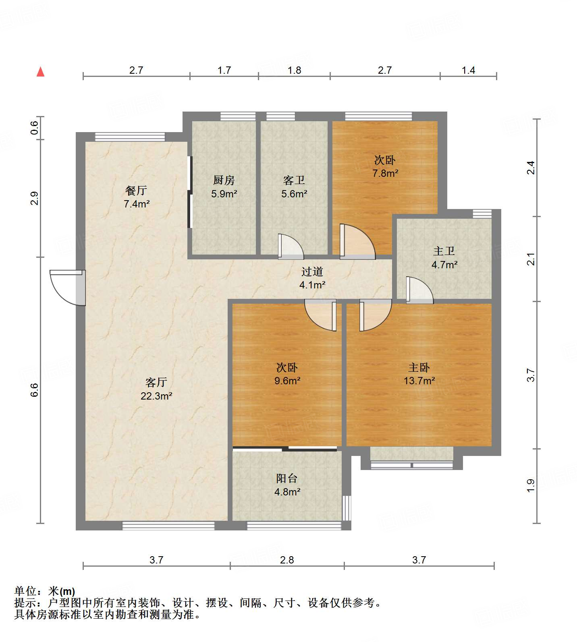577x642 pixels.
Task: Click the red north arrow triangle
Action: (40, 72)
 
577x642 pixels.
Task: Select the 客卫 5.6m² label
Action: (294, 187)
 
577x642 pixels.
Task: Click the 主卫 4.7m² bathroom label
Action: (444, 258)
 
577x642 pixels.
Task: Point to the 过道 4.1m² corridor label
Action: (312, 278)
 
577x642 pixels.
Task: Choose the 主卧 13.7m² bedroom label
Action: (419, 374)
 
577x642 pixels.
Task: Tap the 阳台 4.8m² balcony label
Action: (287, 485)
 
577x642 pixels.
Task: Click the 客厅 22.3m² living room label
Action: (156, 389)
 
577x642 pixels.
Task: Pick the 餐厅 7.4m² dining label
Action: (137, 197)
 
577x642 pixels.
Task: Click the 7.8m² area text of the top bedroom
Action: (385, 174)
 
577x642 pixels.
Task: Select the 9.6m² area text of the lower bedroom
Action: (287, 381)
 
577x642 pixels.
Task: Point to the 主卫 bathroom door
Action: (419, 290)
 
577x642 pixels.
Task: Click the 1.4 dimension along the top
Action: (468, 70)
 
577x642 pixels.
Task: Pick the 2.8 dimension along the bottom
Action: (287, 560)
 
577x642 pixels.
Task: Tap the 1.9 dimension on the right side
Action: (531, 485)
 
